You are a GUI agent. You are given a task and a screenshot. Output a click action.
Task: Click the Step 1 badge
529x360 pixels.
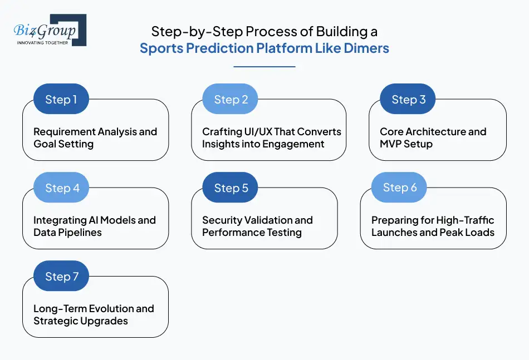pyautogui.click(x=61, y=100)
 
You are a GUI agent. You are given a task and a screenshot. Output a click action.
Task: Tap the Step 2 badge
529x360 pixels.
pyautogui.click(x=231, y=100)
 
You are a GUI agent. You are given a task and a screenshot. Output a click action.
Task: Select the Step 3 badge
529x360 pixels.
pyautogui.click(x=408, y=100)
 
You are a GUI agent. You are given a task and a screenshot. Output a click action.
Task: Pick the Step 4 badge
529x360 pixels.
pyautogui.click(x=61, y=188)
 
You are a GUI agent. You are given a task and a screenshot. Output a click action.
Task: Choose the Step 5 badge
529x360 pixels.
pyautogui.click(x=231, y=188)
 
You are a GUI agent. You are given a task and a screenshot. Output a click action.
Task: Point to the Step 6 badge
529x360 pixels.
pyautogui.click(x=399, y=188)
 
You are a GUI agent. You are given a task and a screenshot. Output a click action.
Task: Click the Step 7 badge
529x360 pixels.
pyautogui.click(x=61, y=277)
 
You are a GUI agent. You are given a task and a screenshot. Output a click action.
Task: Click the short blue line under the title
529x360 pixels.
pyautogui.click(x=264, y=67)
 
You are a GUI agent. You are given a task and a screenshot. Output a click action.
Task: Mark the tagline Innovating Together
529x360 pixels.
pyautogui.click(x=43, y=42)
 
